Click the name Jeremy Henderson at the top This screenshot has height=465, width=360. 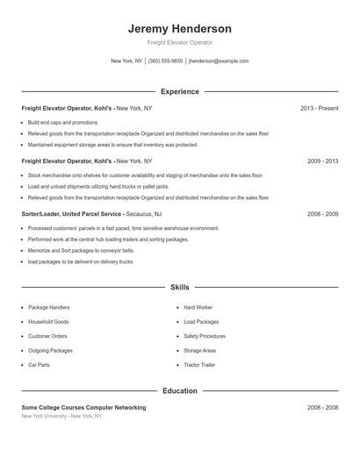(179, 28)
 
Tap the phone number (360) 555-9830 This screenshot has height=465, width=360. (165, 61)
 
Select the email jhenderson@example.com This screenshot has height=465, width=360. (219, 61)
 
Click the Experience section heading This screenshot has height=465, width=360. (179, 91)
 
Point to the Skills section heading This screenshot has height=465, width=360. (179, 287)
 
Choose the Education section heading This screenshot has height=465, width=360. (179, 390)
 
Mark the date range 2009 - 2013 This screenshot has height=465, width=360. (322, 161)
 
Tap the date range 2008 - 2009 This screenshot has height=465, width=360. (322, 214)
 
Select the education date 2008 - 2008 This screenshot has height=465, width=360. (322, 407)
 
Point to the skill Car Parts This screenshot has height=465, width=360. (39, 364)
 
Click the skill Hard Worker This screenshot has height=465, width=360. (198, 308)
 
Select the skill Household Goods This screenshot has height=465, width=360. (47, 322)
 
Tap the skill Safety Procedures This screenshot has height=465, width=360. (204, 336)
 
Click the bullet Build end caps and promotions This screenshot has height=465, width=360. (63, 122)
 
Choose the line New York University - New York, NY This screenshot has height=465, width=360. (61, 416)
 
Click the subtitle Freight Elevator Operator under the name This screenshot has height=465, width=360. (179, 42)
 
